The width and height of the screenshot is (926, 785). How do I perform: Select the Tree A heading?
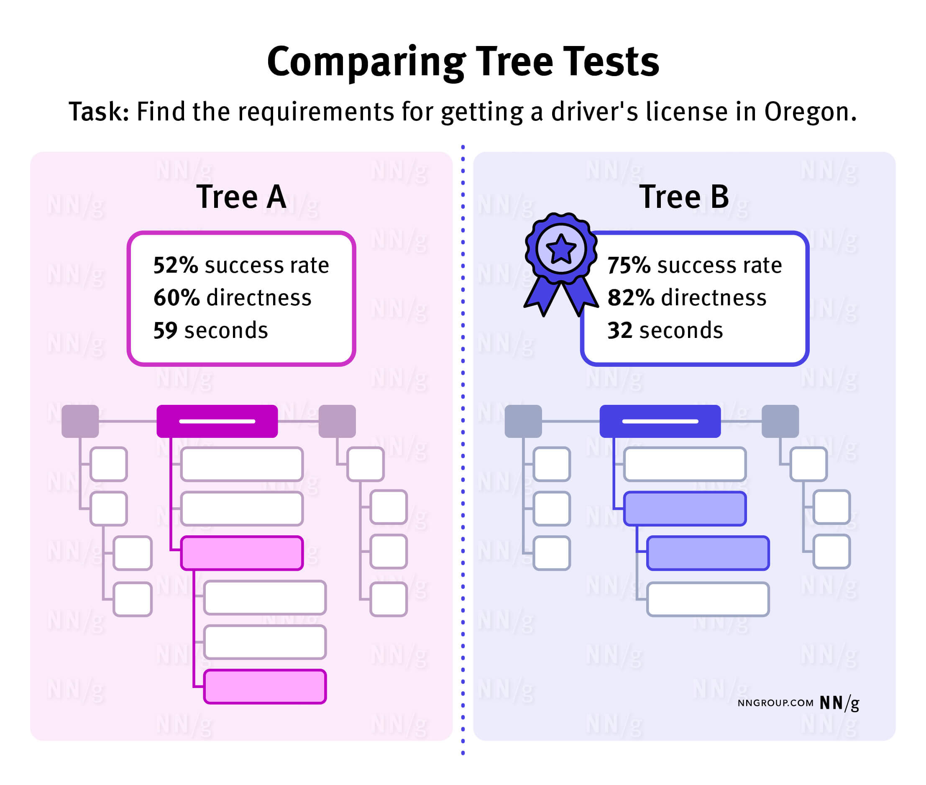pos(241,197)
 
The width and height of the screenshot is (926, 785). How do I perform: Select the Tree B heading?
pos(683,197)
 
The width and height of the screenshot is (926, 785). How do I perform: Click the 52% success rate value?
pos(175,265)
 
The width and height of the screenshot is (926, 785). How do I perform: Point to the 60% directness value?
pos(176,298)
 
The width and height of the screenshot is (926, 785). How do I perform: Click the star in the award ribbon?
pos(561,249)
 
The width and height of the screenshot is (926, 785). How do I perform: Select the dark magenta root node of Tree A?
pos(217,421)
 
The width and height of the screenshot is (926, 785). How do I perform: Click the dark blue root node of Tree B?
pos(660,421)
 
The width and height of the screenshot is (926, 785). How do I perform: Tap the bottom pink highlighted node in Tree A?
pos(265,687)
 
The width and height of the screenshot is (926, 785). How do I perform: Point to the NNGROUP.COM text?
pos(775,703)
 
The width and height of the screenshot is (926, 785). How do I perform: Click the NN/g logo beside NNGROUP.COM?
pos(839,703)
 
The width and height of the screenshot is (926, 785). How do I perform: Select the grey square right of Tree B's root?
pos(780,421)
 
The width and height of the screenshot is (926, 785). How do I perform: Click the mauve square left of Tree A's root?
pos(80,421)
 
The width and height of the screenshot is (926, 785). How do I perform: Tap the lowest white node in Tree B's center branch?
pos(708,599)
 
